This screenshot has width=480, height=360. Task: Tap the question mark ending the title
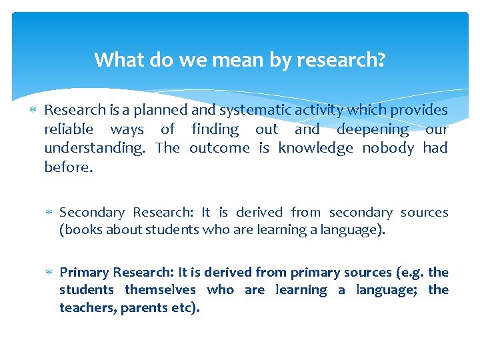pos(381,61)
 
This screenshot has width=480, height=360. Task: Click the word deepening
pos(372,129)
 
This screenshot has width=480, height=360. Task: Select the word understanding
pos(95,148)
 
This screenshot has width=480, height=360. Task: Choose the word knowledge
pos(315,148)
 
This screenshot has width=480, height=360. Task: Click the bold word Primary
pos(83,272)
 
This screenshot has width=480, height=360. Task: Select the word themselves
pos(161,290)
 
